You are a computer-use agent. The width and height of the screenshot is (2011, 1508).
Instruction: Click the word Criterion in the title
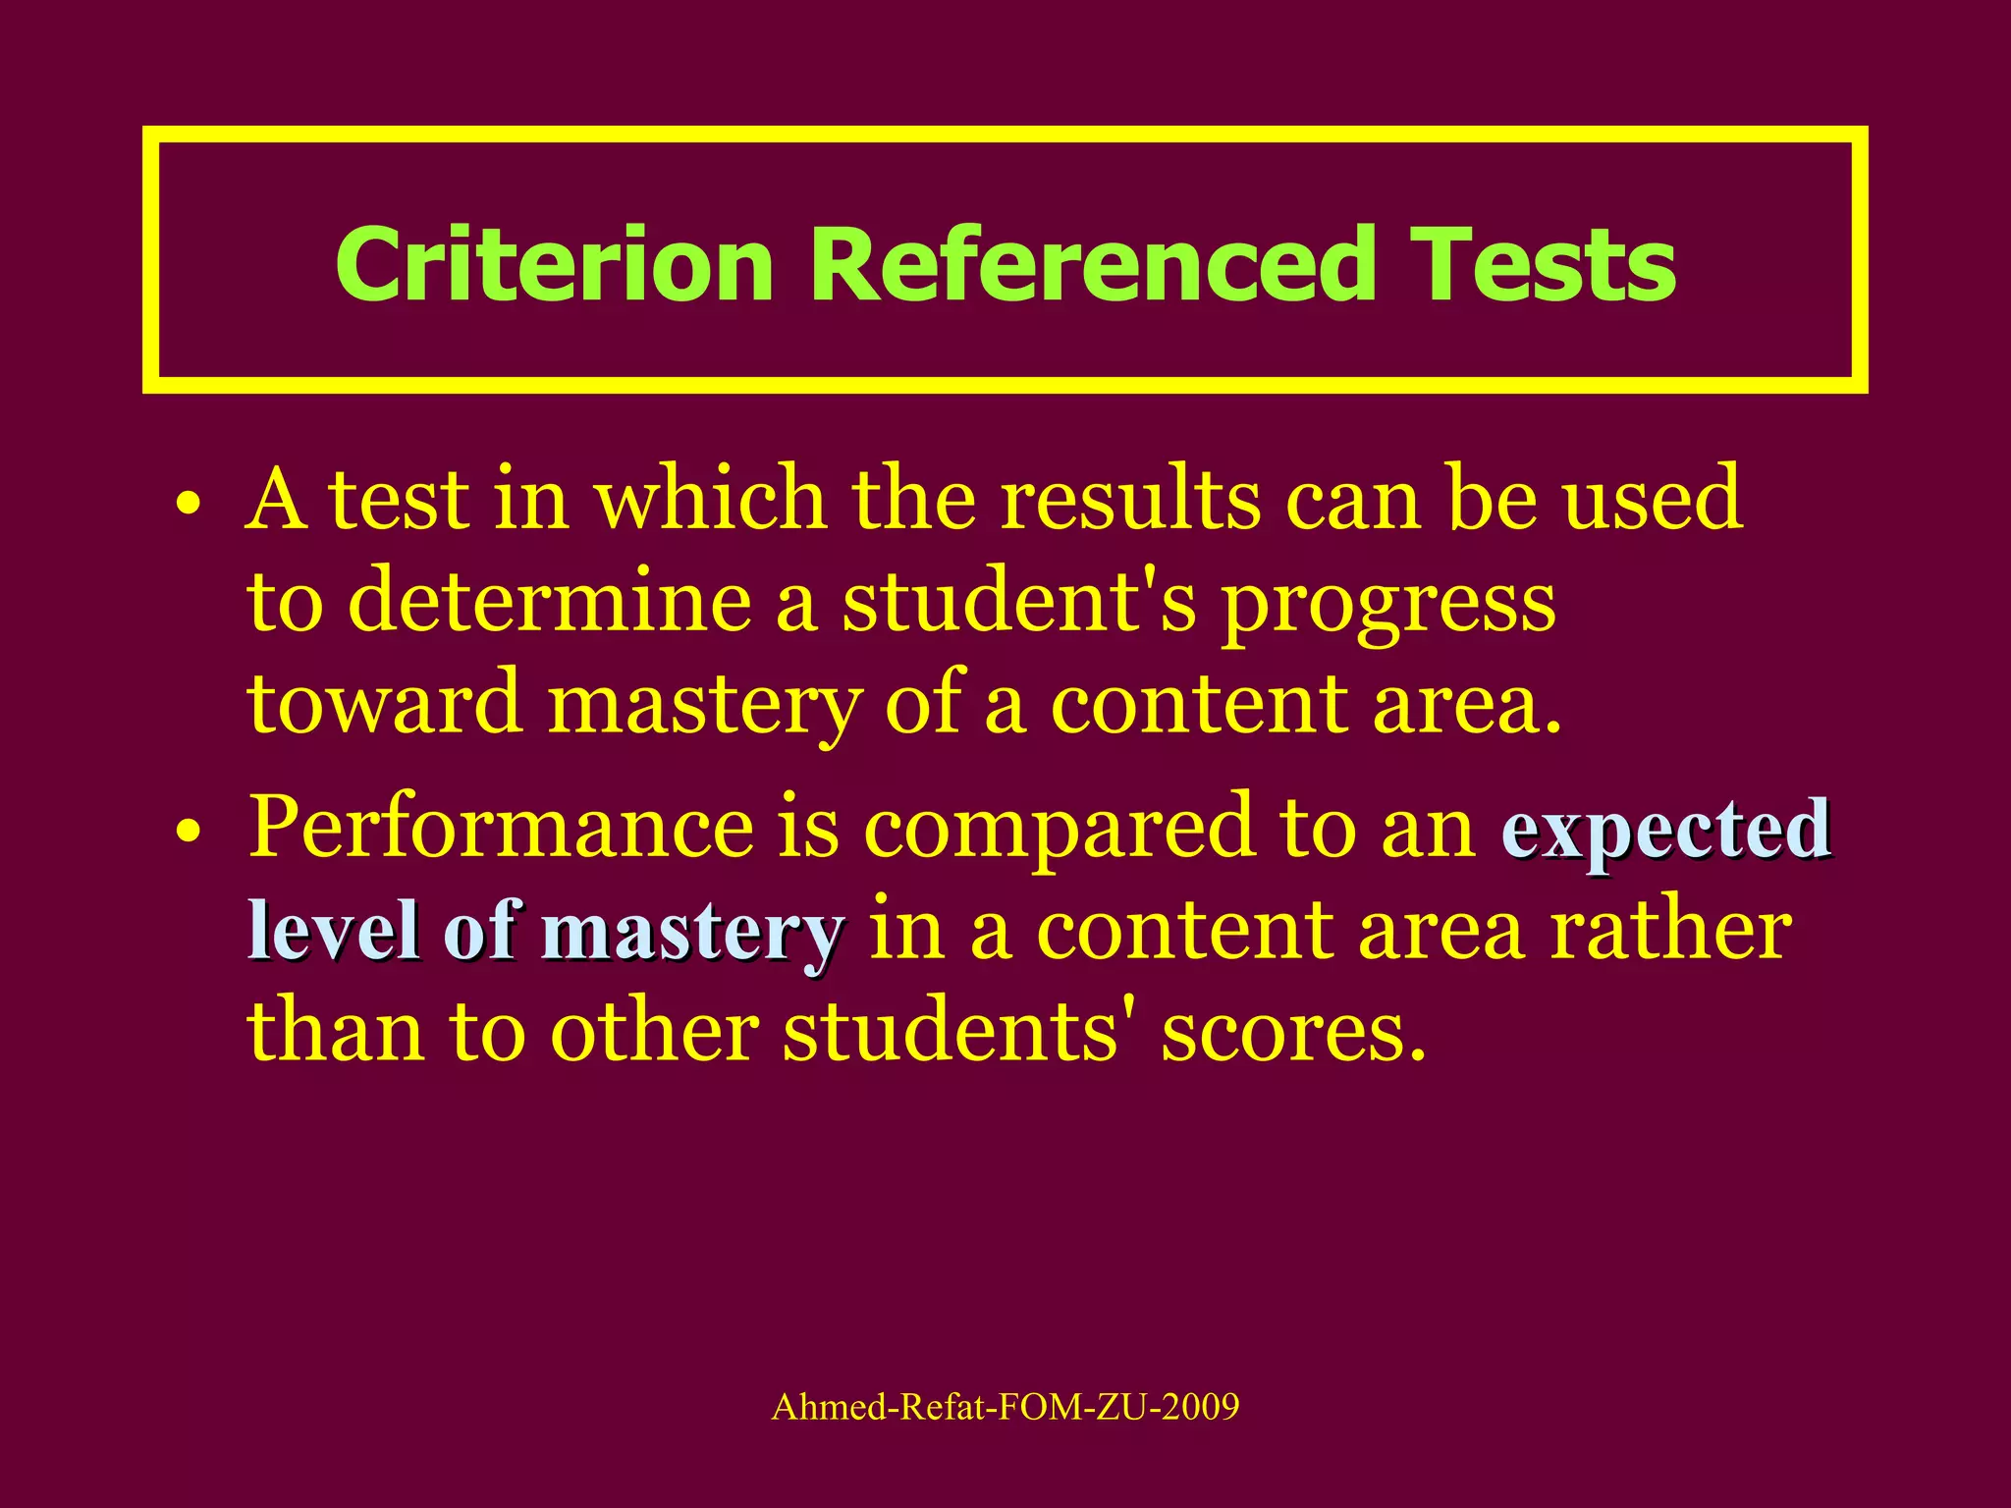point(555,265)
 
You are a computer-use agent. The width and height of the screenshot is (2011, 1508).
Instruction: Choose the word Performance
point(501,827)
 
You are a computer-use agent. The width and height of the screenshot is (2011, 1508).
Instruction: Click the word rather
point(1670,930)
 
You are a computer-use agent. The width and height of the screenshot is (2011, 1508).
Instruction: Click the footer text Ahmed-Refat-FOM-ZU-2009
point(1005,1407)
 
